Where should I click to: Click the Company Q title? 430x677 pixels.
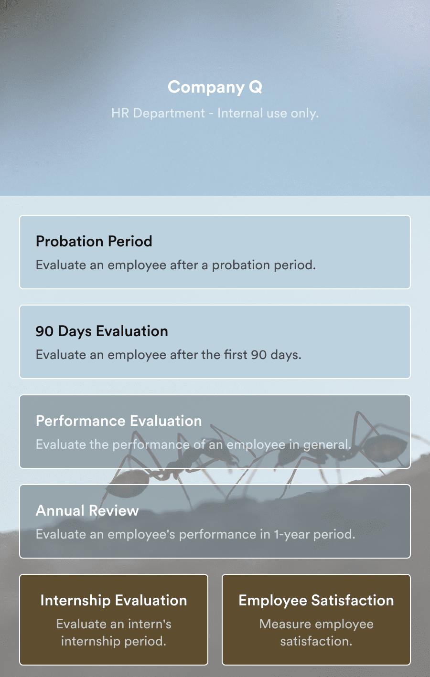click(215, 87)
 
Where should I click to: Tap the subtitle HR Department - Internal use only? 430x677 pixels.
click(215, 113)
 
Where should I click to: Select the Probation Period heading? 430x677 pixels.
click(94, 241)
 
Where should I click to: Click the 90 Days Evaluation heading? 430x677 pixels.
click(102, 331)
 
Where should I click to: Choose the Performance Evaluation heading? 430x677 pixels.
click(118, 421)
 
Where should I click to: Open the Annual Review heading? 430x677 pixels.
click(87, 510)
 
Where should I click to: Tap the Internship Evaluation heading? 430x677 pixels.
click(114, 600)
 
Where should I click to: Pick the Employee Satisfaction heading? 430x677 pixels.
click(316, 600)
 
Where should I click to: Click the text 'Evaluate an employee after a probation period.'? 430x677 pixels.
click(176, 265)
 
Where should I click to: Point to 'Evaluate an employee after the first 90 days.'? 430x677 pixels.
click(169, 355)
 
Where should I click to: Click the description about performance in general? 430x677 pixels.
click(193, 444)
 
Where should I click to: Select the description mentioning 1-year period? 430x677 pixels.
click(195, 534)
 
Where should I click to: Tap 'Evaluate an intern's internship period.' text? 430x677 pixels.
click(114, 632)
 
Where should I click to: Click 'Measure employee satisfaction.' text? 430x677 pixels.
click(316, 632)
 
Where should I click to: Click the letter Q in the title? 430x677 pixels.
click(256, 87)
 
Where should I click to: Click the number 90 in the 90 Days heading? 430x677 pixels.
click(44, 331)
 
